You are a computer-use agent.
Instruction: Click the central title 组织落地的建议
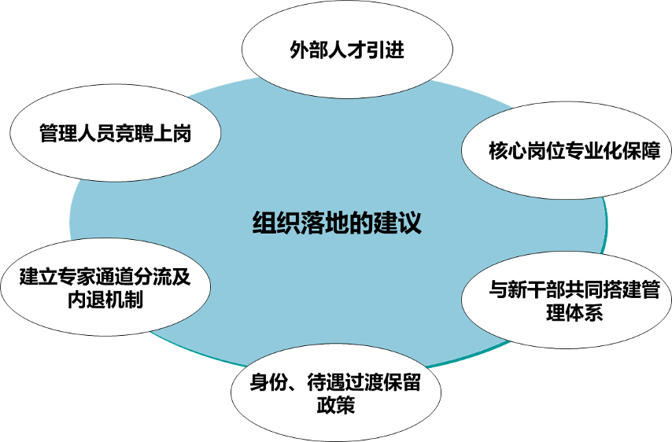tap(337, 223)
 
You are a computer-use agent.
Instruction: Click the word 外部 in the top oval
tap(304, 53)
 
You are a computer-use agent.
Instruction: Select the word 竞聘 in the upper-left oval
tap(135, 134)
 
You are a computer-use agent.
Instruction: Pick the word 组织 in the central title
tap(267, 223)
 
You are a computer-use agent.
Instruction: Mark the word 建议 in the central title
tap(407, 223)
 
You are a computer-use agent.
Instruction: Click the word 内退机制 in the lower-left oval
tap(105, 300)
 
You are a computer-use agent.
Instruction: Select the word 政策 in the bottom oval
tap(336, 407)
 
